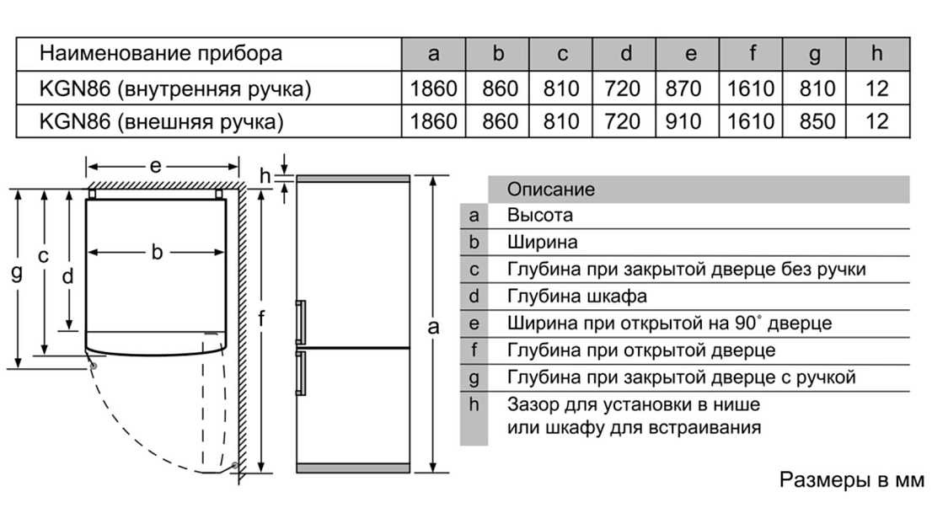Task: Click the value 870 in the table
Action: coord(690,88)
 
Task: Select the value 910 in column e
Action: coord(690,121)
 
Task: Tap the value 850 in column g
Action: coord(814,121)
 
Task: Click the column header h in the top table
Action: coord(877,55)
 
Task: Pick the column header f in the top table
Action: coord(752,55)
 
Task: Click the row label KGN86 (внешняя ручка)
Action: coord(161,121)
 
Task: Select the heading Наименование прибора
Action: coord(161,55)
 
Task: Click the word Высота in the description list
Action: coord(540,216)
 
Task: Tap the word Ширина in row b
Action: coord(543,243)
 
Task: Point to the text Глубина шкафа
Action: coord(577,297)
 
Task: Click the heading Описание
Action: coord(550,190)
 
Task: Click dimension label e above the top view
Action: coord(156,166)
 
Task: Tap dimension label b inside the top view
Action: coord(157,252)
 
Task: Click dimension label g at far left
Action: coord(16,272)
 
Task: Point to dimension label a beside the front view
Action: coord(433,328)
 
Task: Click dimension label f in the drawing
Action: coord(262,319)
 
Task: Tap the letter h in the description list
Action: coord(474,404)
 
